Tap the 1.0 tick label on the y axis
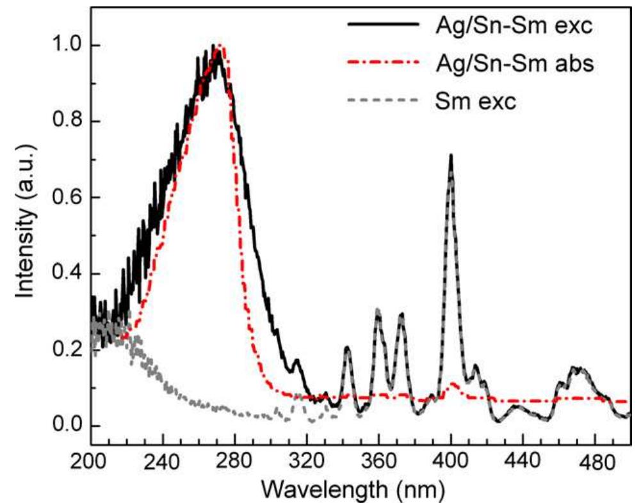click(66, 45)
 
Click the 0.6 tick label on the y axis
click(66, 198)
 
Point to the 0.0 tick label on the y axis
click(66, 426)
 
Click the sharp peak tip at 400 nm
click(451, 156)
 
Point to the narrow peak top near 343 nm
click(348, 347)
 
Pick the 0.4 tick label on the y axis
click(66, 274)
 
